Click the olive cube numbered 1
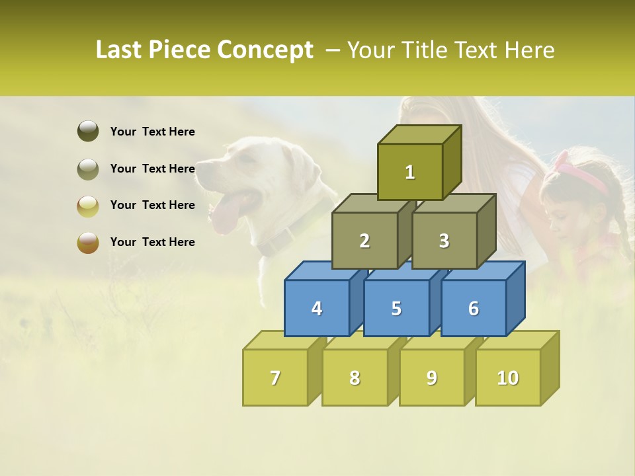(x=410, y=172)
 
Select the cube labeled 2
(x=364, y=241)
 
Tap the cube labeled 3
(x=444, y=241)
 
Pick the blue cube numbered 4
(x=317, y=308)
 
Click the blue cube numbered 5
(x=396, y=308)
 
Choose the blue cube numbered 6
(x=474, y=308)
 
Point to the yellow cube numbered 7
(x=275, y=377)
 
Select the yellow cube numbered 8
(x=355, y=377)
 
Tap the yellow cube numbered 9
(x=432, y=377)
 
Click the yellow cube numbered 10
(x=508, y=377)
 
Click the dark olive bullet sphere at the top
(x=88, y=132)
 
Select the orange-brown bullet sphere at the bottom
(x=88, y=242)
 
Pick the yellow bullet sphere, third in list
(x=88, y=206)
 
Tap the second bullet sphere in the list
(x=88, y=169)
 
